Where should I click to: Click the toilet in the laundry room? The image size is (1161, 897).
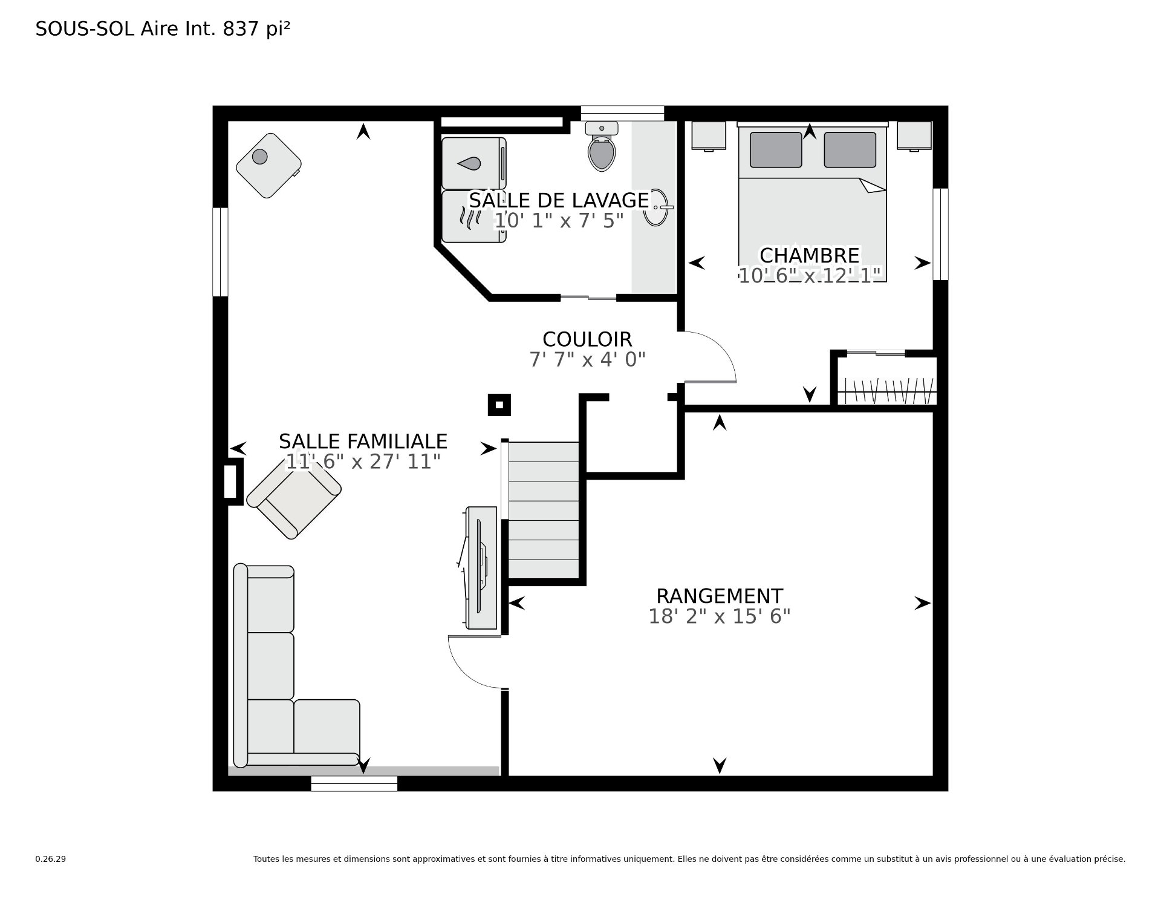click(x=602, y=146)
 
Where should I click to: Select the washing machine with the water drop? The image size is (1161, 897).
click(x=473, y=163)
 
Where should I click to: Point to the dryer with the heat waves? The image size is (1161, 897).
click(x=473, y=217)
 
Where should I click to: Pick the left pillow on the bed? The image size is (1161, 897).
click(x=776, y=149)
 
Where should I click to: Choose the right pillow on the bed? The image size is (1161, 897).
click(x=850, y=149)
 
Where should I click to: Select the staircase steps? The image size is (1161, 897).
click(x=544, y=510)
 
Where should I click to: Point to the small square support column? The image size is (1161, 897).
click(x=499, y=405)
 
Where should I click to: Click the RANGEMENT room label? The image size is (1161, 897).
click(x=720, y=596)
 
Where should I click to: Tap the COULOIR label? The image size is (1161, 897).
click(x=587, y=339)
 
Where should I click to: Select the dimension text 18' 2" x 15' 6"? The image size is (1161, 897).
click(x=720, y=616)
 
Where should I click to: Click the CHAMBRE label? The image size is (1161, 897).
click(x=810, y=255)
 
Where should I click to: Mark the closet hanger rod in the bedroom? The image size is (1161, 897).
click(x=888, y=391)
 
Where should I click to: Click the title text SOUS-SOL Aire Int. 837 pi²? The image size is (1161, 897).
click(x=163, y=29)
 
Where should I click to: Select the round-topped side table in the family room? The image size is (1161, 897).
click(x=268, y=165)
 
